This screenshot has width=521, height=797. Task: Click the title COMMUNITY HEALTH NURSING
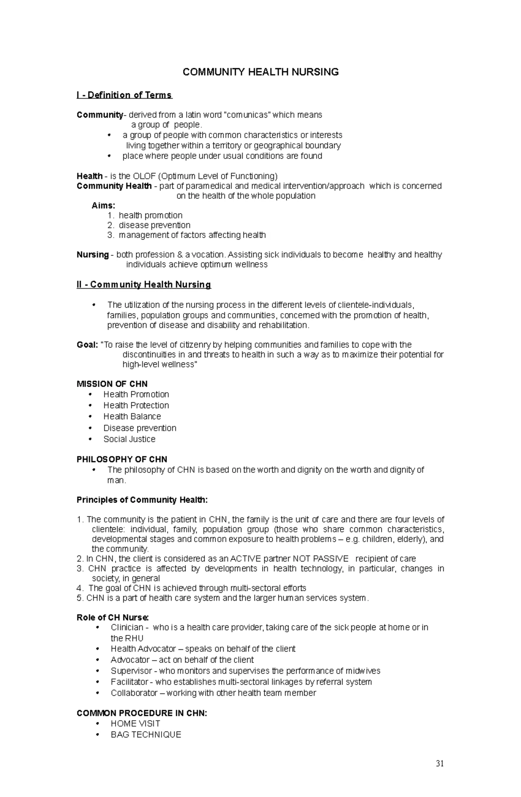[260, 72]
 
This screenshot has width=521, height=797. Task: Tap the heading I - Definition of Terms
[124, 95]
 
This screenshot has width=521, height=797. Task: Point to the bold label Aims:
[103, 205]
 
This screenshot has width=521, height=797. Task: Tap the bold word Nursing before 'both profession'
[92, 255]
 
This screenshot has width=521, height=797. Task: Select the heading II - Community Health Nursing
[144, 284]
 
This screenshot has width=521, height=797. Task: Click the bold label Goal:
[87, 345]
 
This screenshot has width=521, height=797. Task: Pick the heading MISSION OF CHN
[112, 384]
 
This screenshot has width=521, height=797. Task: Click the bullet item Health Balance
[132, 416]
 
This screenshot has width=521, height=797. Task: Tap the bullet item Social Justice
[129, 439]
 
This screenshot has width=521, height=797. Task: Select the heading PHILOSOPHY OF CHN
[122, 459]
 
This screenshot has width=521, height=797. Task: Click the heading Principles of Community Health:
[142, 500]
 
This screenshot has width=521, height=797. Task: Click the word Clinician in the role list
[127, 627]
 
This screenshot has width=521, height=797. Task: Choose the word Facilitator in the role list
[129, 682]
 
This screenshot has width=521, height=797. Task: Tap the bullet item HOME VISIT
[135, 724]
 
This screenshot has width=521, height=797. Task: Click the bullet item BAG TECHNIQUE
[146, 734]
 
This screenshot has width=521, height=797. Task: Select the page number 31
[440, 764]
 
